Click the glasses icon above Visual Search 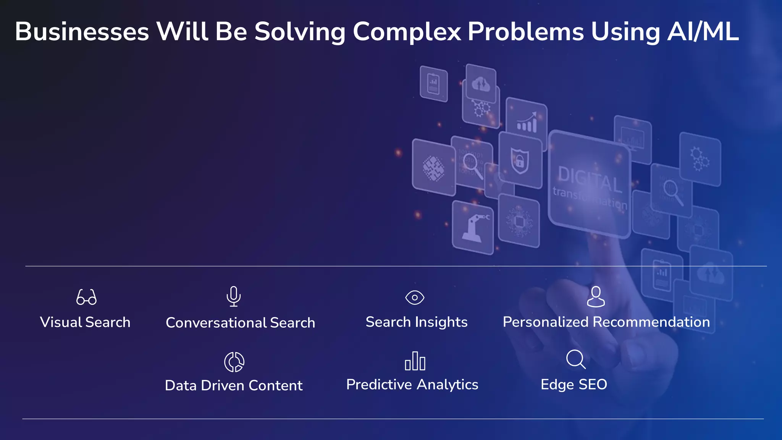coord(86,297)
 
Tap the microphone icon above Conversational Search coord(233,296)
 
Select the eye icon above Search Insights coord(415,298)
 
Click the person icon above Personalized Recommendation coord(596,297)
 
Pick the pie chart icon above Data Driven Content coord(234,362)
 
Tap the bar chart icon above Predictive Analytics coord(415,361)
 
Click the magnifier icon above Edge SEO coord(575,359)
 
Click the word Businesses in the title coord(82,32)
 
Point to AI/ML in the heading coord(703,32)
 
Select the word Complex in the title coord(407,32)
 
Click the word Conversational coord(216,323)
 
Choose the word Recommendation coord(651,322)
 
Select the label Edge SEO coord(574,385)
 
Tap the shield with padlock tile coord(520,161)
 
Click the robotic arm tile coord(473,228)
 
